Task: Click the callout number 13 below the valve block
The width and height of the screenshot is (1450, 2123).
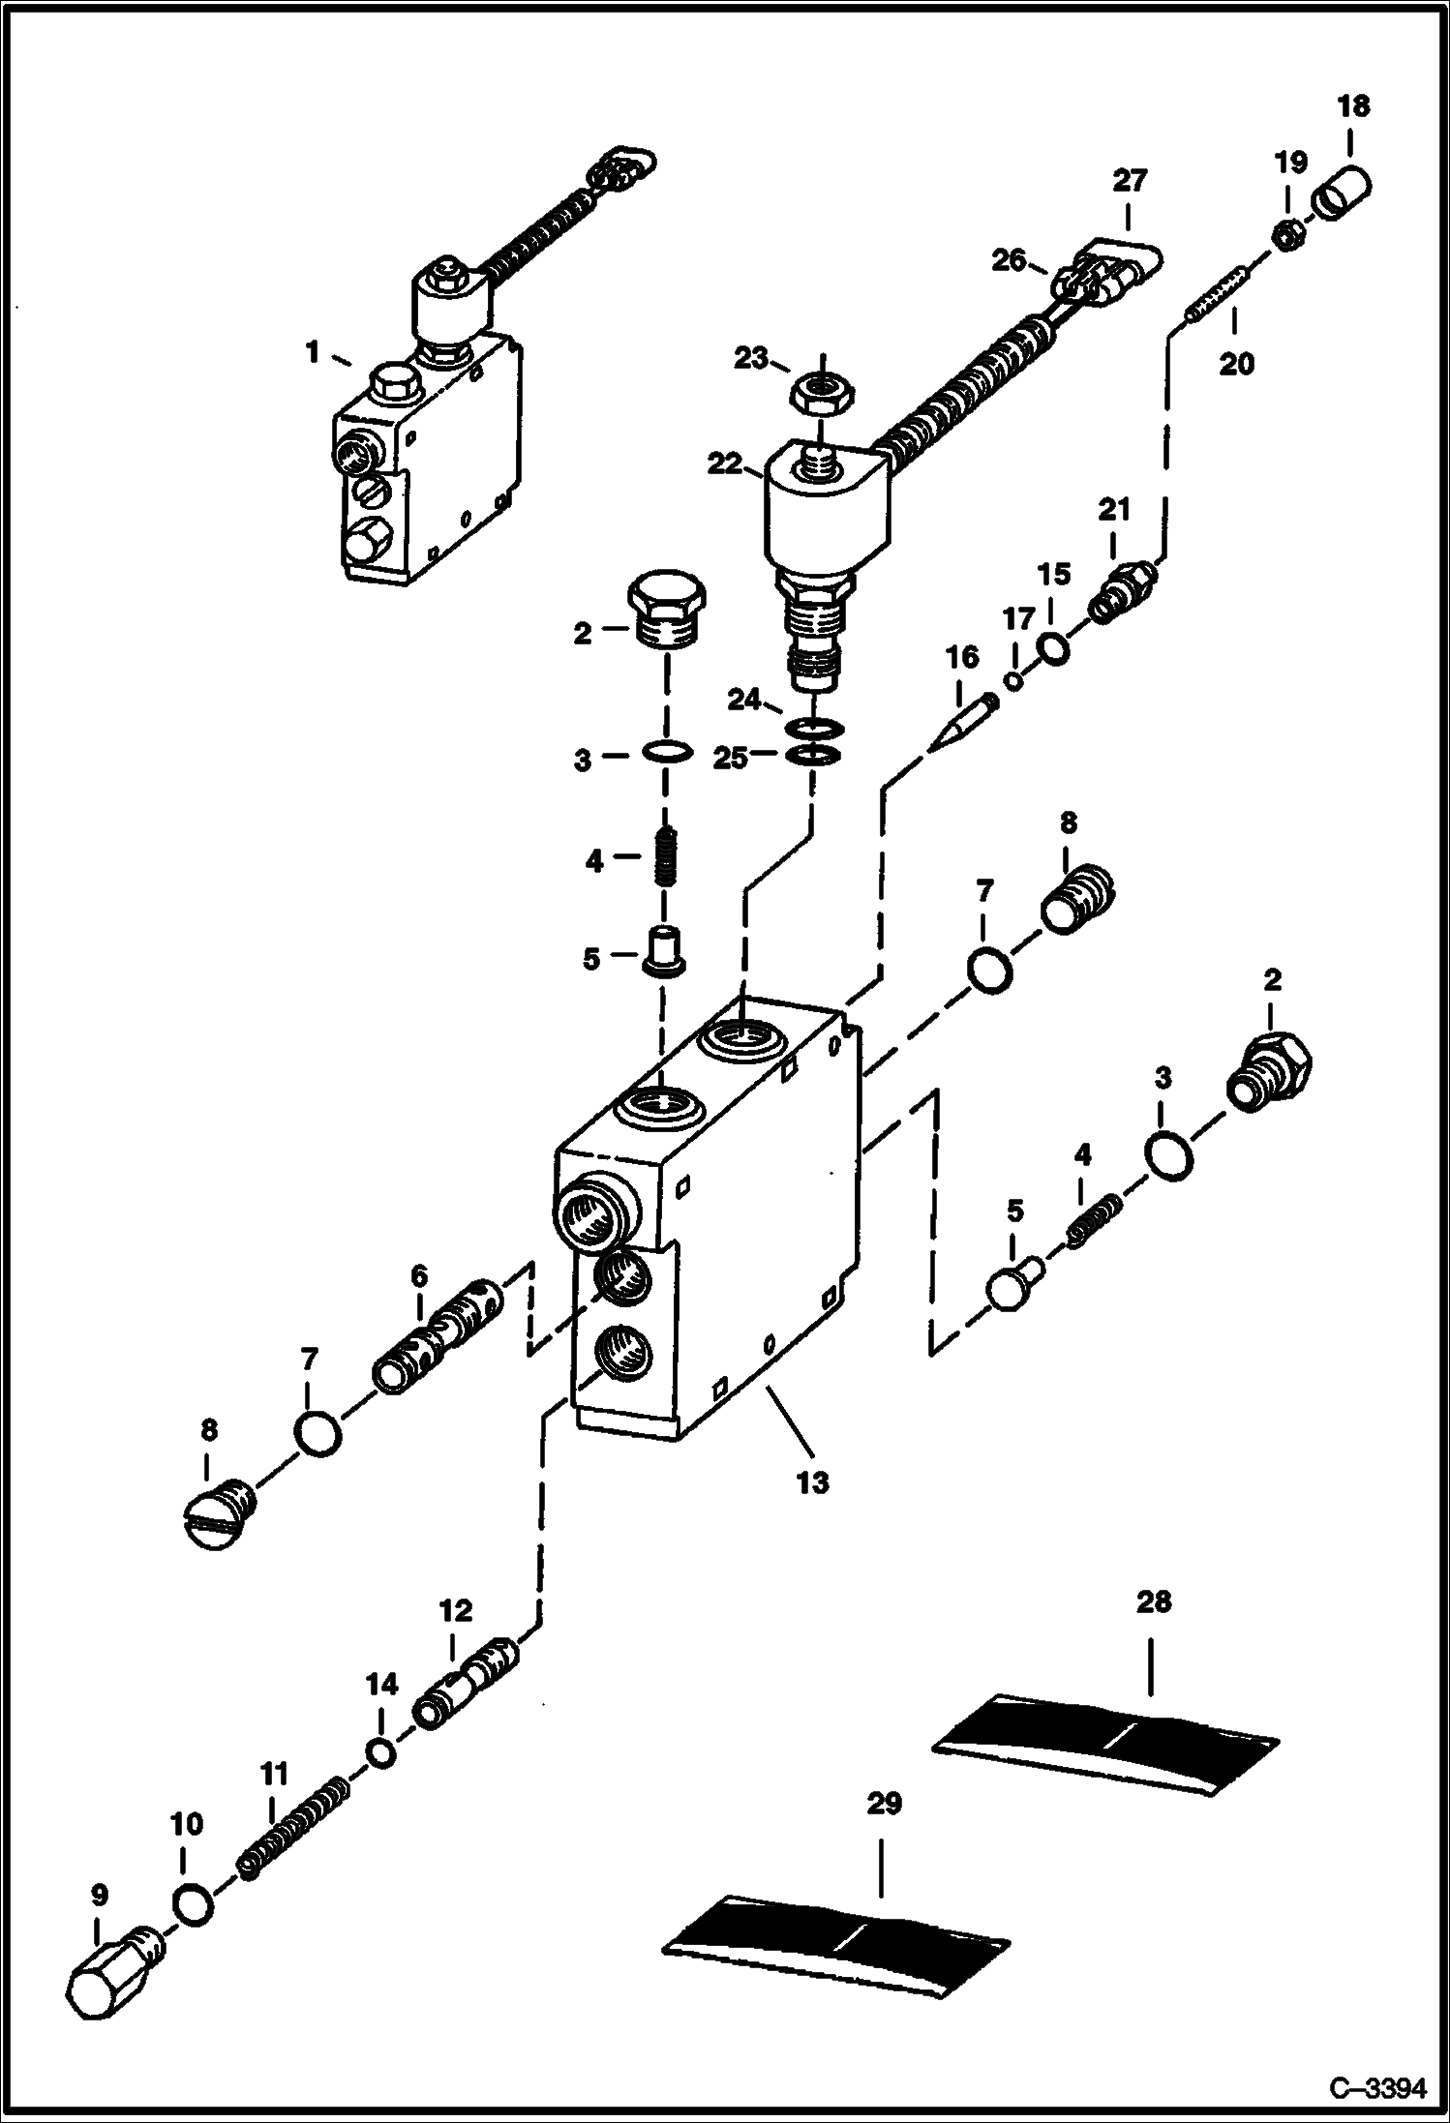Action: pyautogui.click(x=812, y=1481)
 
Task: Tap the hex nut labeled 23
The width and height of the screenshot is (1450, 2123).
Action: pyautogui.click(x=820, y=395)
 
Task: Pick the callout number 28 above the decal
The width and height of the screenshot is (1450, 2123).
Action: pyautogui.click(x=1154, y=1601)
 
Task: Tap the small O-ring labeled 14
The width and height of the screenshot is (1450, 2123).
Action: pyautogui.click(x=381, y=1752)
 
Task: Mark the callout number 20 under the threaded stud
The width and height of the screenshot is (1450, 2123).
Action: pyautogui.click(x=1236, y=364)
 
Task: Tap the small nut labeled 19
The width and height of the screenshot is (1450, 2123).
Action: pyautogui.click(x=1286, y=236)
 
